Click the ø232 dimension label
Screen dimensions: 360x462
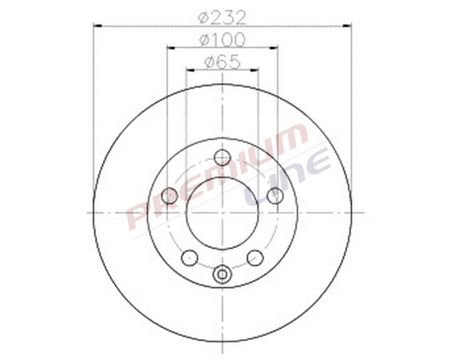pyautogui.click(x=222, y=17)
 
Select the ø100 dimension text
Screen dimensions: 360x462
pyautogui.click(x=222, y=39)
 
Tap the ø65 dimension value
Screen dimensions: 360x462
pyautogui.click(x=222, y=62)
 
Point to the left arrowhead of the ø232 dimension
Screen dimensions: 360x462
pyautogui.click(x=96, y=25)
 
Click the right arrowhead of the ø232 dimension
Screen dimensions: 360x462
pyautogui.click(x=349, y=25)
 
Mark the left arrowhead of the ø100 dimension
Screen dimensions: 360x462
pyautogui.click(x=170, y=47)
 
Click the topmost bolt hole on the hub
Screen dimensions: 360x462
pyautogui.click(x=222, y=157)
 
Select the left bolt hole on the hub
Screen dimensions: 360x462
pyautogui.click(x=169, y=195)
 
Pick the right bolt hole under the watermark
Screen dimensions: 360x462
pyautogui.click(x=275, y=195)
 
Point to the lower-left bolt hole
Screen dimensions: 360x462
pyautogui.click(x=189, y=257)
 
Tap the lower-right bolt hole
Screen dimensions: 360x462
pyautogui.click(x=255, y=257)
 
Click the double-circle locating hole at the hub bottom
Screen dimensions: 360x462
pyautogui.click(x=222, y=274)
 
